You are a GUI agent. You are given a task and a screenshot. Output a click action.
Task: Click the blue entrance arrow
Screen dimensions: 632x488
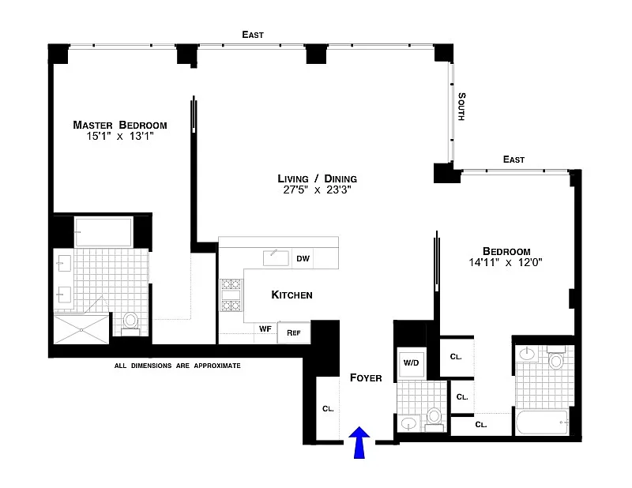pos(359,442)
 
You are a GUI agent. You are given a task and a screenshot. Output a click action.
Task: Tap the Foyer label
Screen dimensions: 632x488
pos(366,377)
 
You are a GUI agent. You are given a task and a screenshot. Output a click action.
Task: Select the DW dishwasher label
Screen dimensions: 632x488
pos(303,258)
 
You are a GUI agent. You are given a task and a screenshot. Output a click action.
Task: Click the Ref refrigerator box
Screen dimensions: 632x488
pos(294,332)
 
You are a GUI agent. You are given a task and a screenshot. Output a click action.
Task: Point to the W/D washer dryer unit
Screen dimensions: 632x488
pos(411,362)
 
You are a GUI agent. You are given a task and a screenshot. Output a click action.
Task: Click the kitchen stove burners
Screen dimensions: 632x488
pos(231,295)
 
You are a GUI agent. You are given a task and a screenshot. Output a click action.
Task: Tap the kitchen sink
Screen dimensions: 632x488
pos(276,258)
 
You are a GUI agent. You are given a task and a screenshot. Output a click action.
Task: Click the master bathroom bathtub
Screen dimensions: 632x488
pos(103,232)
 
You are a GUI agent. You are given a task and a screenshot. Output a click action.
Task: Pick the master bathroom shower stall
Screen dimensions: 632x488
pos(81,329)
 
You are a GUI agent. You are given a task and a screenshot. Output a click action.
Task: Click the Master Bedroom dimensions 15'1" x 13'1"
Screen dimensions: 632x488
pos(120,136)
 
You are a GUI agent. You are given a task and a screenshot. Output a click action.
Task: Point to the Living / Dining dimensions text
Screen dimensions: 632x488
pos(318,190)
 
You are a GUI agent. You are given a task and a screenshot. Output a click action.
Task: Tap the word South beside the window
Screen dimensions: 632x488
pos(462,107)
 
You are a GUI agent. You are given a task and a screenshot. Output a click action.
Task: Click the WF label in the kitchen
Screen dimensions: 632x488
pos(265,328)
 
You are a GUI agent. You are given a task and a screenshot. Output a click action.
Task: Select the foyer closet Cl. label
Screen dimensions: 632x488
pos(328,408)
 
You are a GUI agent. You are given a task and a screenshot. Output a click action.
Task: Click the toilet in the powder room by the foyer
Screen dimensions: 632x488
pos(434,419)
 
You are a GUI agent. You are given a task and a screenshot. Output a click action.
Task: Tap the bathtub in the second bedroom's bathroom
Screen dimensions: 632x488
pos(542,422)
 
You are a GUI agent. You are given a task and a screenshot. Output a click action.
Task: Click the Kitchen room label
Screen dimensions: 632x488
pos(292,295)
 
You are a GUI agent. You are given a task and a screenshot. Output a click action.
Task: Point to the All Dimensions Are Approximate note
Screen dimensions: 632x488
pos(177,366)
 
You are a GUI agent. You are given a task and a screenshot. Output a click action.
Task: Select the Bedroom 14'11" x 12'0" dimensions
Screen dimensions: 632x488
pos(506,263)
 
